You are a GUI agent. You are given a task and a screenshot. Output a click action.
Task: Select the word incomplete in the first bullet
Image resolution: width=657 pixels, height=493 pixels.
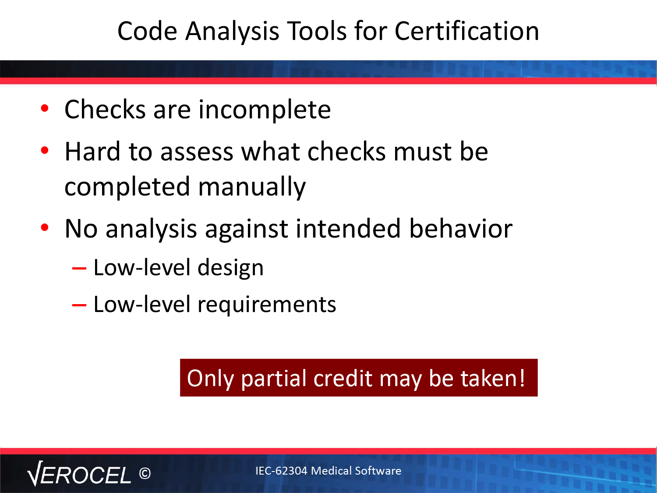pos(265,110)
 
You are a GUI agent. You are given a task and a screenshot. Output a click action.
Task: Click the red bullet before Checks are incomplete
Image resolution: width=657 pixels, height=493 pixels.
pos(45,108)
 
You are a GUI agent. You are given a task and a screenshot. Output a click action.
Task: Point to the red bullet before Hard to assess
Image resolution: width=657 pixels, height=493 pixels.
pos(45,150)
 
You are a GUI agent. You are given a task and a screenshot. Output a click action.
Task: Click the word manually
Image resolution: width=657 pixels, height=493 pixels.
pos(252,188)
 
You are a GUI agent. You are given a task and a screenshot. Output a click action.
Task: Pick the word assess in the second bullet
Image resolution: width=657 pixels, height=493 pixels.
pos(197,153)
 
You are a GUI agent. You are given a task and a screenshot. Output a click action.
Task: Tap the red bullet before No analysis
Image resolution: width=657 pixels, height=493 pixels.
pos(45,228)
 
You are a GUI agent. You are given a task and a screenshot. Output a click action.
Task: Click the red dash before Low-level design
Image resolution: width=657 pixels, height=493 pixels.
pos(79,268)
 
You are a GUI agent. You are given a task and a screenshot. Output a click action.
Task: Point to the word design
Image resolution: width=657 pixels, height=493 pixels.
pos(230,268)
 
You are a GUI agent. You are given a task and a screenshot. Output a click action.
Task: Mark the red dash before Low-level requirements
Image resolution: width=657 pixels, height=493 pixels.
pos(79,305)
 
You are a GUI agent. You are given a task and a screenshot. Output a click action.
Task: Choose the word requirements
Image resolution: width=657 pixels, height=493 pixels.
pos(267,305)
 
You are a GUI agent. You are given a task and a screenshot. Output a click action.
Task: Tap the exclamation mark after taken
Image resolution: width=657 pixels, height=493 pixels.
pos(522,377)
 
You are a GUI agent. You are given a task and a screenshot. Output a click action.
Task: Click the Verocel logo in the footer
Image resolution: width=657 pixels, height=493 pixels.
pos(79,474)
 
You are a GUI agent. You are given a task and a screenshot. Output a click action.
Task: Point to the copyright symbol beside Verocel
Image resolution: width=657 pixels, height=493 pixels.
pos(145,473)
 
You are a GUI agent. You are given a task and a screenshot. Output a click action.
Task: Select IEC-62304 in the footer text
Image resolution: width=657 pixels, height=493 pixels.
pos(281,471)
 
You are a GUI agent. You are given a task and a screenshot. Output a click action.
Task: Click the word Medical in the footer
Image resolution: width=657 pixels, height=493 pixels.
pos(331,471)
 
